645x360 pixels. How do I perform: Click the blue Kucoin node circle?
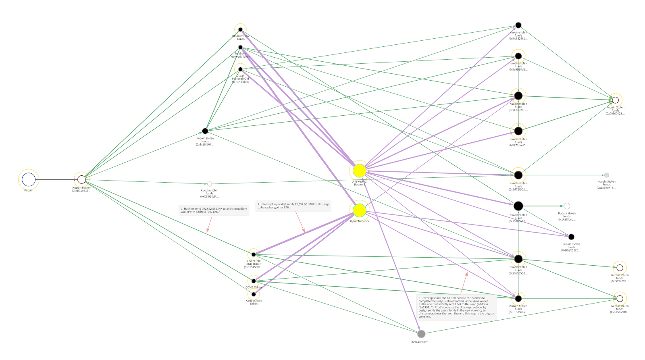coord(29,180)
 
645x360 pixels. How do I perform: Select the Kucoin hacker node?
coord(81,179)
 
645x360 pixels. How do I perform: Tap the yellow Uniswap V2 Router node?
coord(359,171)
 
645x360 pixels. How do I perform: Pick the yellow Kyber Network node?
coord(359,210)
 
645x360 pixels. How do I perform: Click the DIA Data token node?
coord(240,29)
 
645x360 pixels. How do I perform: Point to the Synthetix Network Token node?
coord(240,47)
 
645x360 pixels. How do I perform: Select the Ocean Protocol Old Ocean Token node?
coord(240,69)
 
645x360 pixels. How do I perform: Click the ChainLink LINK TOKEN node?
coord(254,254)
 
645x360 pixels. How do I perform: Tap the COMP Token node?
coord(254,281)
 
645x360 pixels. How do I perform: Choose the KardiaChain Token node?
coord(254,294)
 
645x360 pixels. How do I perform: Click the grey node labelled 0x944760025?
coord(421,334)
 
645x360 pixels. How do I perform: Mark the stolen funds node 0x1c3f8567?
coord(205,131)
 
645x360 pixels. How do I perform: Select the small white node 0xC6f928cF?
coord(209,184)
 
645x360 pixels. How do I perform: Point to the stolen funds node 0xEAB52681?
coord(518,25)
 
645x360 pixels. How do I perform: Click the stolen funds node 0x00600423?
coord(615,100)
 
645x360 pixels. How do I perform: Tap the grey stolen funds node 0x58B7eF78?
coord(606,175)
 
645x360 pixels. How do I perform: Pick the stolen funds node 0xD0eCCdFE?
coord(571,237)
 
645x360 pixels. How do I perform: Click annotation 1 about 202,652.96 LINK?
coord(214,210)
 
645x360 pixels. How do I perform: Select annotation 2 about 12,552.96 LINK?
coord(293,206)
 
